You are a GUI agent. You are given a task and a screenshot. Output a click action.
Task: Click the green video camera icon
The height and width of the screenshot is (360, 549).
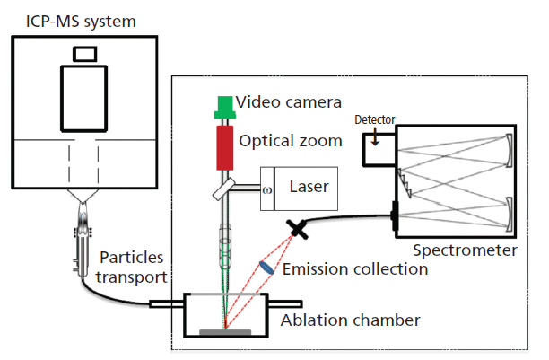click(x=222, y=107)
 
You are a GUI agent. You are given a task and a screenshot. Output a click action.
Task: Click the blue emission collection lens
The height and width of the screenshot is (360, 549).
click(x=266, y=268)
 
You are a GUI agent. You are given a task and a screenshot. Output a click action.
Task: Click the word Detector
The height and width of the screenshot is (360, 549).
click(x=375, y=119)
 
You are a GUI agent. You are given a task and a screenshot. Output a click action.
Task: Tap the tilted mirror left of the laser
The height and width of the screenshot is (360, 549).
click(x=224, y=189)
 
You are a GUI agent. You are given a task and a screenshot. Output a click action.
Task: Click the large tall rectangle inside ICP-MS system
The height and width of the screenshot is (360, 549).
click(x=85, y=101)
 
